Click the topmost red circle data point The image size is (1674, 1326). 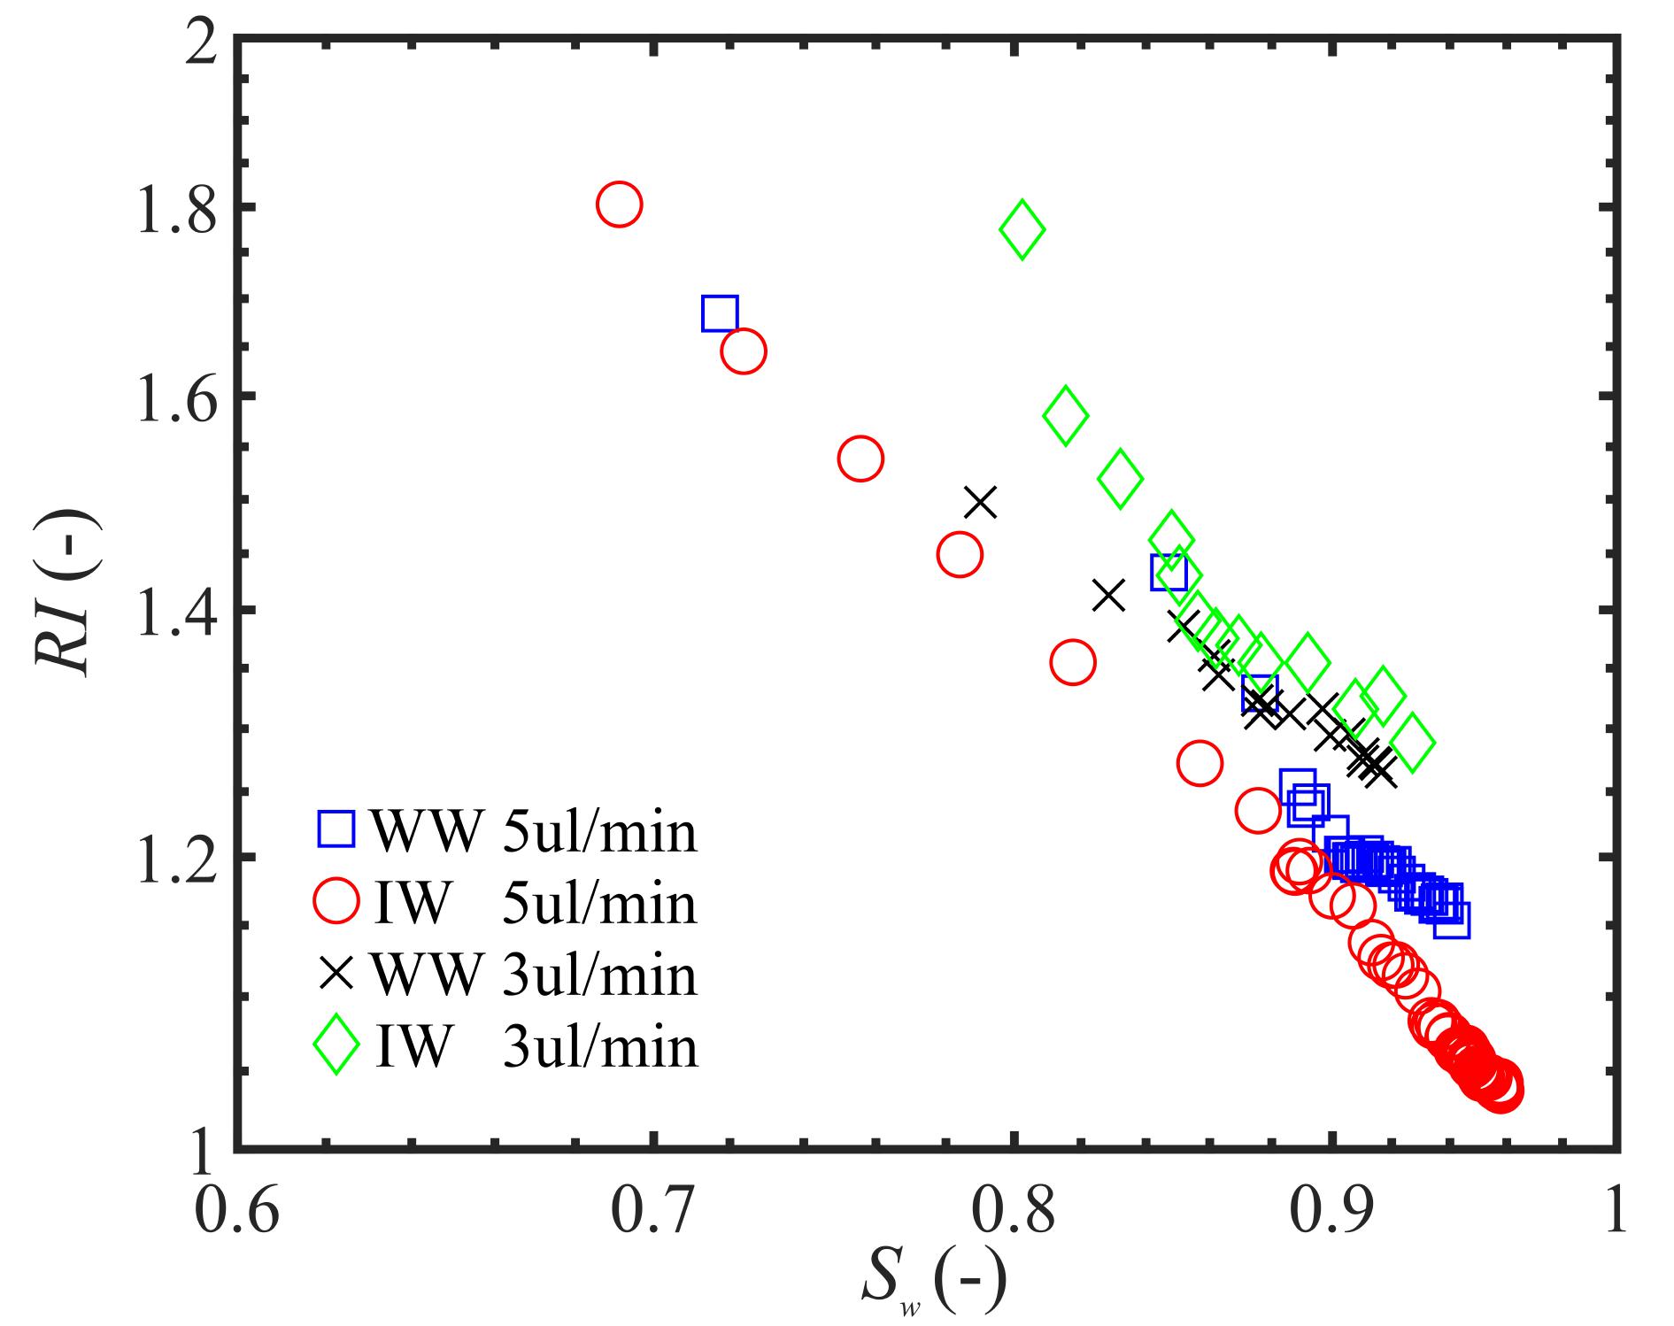point(619,204)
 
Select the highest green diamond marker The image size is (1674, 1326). point(1022,229)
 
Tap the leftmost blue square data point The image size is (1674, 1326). point(720,313)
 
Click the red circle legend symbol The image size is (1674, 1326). point(336,902)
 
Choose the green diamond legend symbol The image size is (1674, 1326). point(336,1046)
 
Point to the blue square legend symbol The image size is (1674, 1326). point(336,829)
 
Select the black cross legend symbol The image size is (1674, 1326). point(336,975)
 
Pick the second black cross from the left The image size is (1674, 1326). point(1108,596)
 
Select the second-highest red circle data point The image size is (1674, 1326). point(744,351)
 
